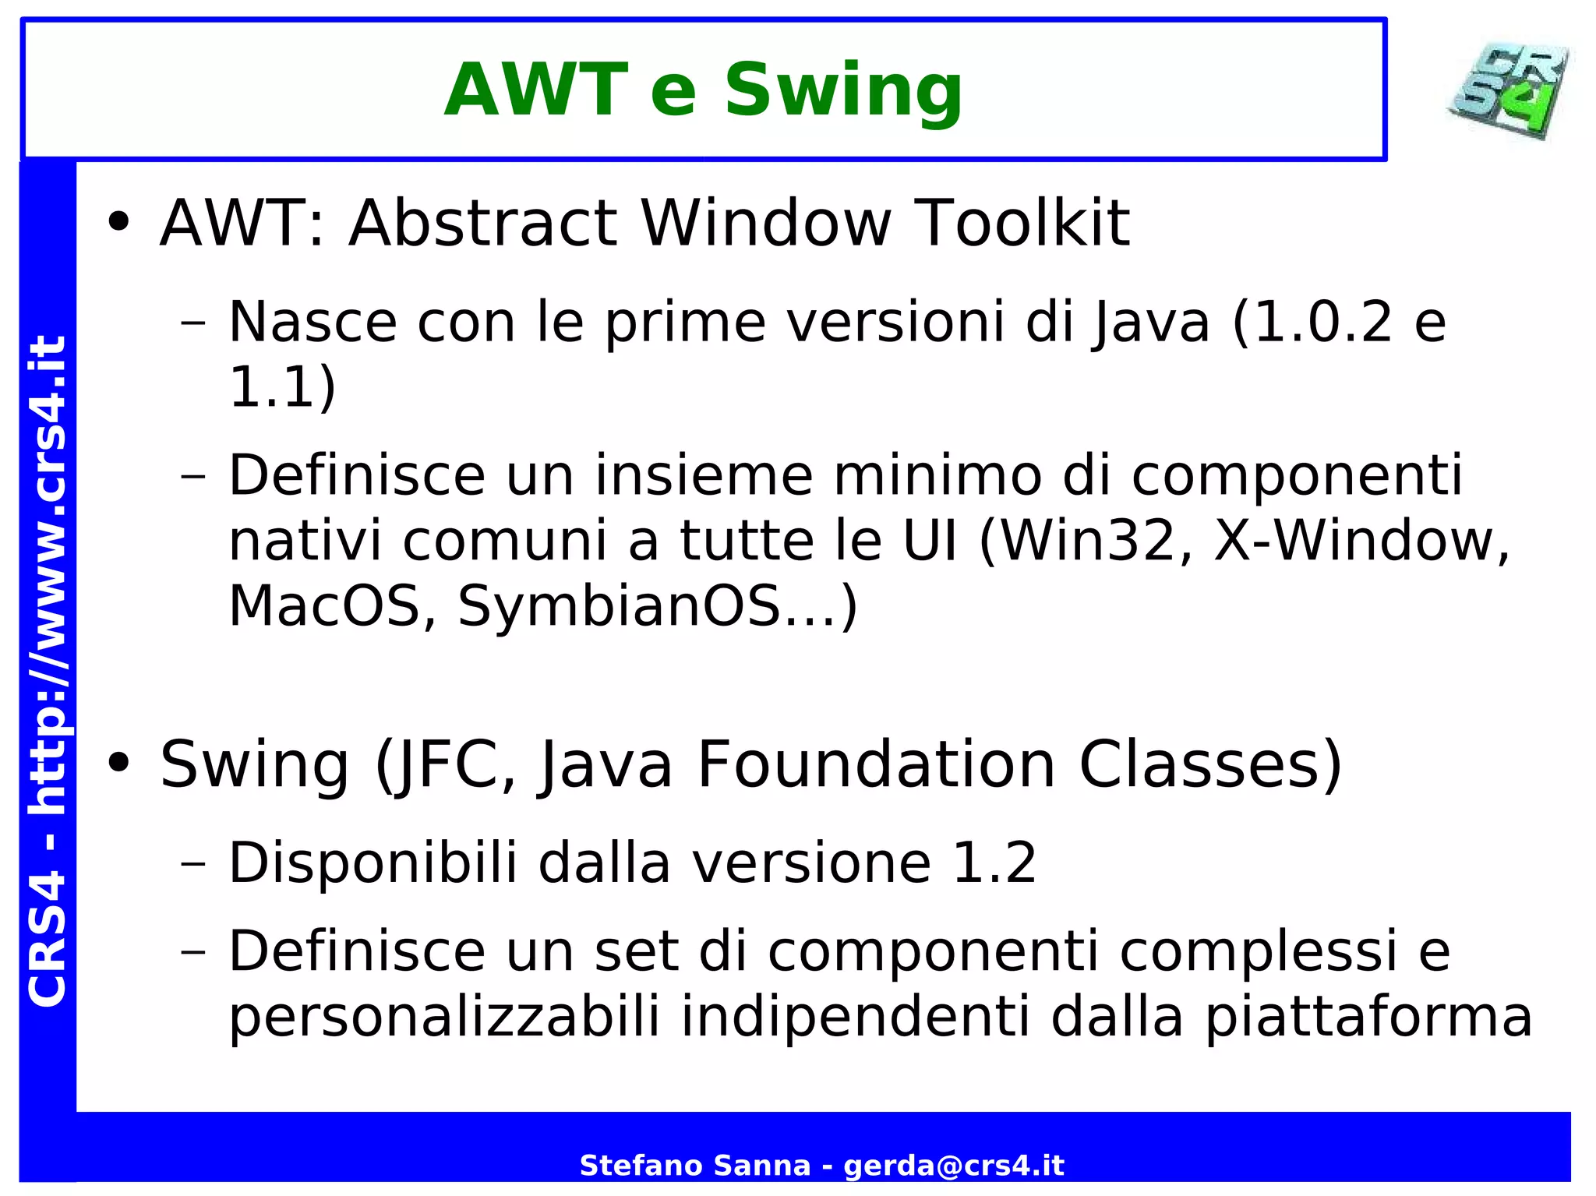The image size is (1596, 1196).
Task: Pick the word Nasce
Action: (x=312, y=322)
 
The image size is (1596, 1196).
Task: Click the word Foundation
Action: (x=876, y=764)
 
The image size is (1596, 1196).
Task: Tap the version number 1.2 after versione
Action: (x=994, y=863)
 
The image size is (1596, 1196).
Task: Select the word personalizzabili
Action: (x=444, y=1017)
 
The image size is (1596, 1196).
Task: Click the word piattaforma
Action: (x=1368, y=1017)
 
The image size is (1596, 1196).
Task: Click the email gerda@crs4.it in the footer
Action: (x=954, y=1166)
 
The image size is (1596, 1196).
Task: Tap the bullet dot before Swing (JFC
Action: (x=119, y=764)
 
